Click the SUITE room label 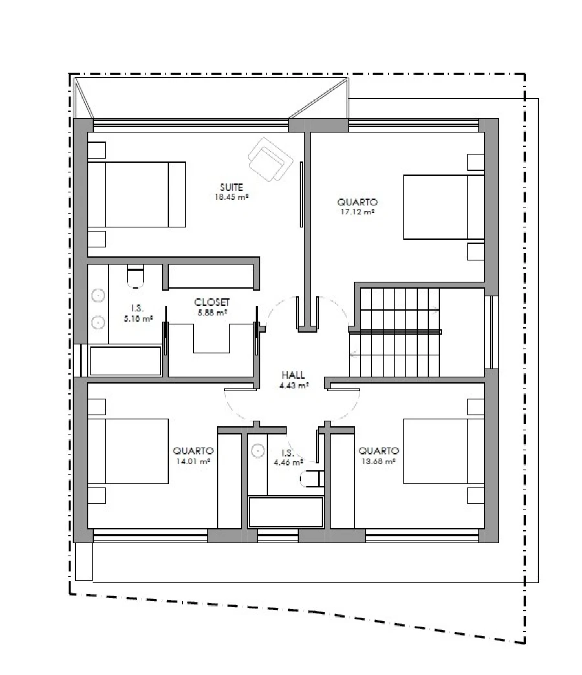click(x=232, y=187)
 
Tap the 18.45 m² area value click(x=232, y=197)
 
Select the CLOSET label click(x=211, y=302)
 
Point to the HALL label click(x=293, y=375)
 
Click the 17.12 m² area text click(x=358, y=212)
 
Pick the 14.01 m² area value click(x=193, y=461)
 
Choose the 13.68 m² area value click(x=378, y=461)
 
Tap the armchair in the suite click(x=270, y=160)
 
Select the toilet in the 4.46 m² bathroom click(x=312, y=479)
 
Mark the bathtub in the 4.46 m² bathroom click(x=286, y=512)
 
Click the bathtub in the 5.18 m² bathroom click(x=125, y=360)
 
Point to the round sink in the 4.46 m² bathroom click(x=258, y=451)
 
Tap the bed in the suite click(x=136, y=194)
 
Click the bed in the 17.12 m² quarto click(x=444, y=207)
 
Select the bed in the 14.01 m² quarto click(x=128, y=451)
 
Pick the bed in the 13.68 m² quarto click(x=444, y=451)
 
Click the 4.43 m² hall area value click(x=294, y=386)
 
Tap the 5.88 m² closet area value click(x=212, y=313)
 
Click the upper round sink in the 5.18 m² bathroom click(x=99, y=296)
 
